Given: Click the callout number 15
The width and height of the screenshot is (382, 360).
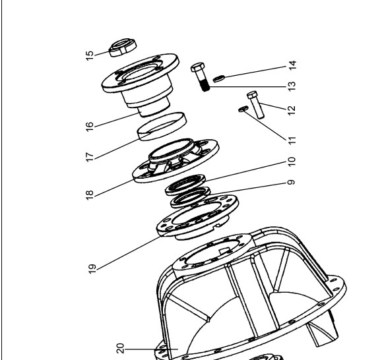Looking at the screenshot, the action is coord(90,56).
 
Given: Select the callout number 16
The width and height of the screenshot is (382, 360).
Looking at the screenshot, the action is coord(90,127).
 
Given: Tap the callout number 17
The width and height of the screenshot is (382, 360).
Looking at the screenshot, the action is coord(90,157).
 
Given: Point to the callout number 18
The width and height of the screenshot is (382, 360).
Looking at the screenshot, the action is coord(90,195).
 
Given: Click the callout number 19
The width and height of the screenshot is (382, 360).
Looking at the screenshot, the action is coord(92,269).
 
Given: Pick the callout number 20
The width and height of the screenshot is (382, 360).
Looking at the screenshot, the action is coord(121,348).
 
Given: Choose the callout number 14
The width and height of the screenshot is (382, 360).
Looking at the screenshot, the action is coord(292,65).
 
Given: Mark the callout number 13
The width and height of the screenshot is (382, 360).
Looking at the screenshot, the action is coord(292,86).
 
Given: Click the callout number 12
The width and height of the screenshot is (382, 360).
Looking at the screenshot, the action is coord(292,111).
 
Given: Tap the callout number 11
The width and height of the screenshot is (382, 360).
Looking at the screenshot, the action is coord(292,140).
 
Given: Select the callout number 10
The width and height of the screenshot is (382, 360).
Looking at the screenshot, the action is coord(292,162).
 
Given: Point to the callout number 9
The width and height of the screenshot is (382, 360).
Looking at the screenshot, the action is coord(291,182).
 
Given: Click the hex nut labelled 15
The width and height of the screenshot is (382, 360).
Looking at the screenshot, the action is coord(123,47).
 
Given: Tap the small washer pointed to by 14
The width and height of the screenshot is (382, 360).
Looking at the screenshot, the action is coord(219,78).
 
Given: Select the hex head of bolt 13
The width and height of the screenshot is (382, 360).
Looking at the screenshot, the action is coord(197,67).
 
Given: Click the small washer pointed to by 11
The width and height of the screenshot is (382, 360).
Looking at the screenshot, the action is coord(243,109).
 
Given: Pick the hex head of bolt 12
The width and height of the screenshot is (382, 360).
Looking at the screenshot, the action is coord(252,95).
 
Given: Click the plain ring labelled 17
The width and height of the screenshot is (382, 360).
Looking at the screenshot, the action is coord(162,127).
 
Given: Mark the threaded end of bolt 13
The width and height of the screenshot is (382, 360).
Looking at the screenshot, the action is coord(206,86).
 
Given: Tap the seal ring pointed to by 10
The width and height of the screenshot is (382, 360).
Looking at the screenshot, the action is coord(185,185).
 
